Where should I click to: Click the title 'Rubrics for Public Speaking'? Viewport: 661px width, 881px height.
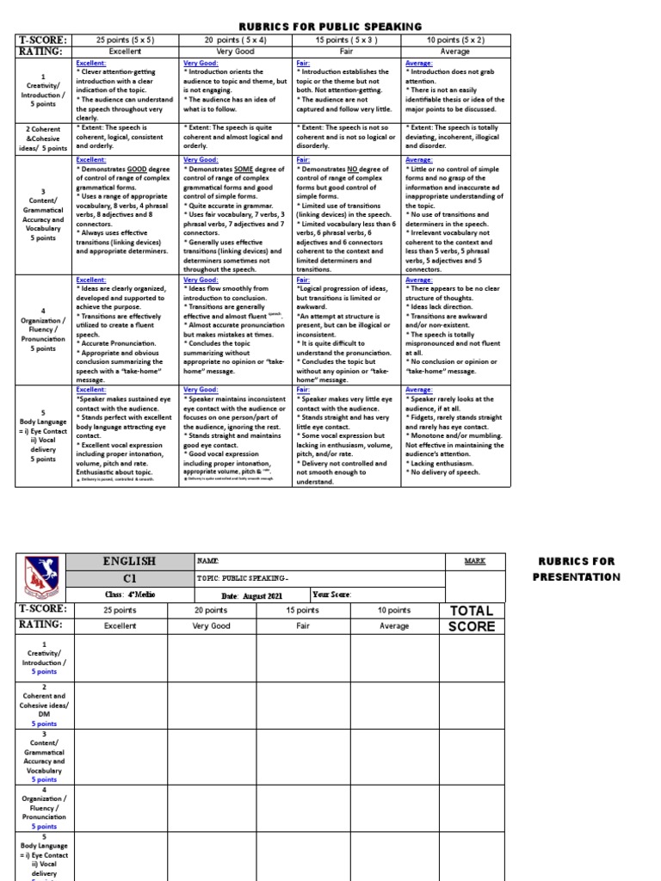click(330, 28)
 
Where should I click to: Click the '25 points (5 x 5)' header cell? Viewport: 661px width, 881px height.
click(127, 40)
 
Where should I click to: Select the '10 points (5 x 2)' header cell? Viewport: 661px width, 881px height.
click(455, 40)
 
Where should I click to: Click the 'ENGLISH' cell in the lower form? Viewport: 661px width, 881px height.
click(129, 561)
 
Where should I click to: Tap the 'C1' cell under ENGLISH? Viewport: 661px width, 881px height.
click(129, 578)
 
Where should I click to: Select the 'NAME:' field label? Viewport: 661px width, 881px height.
click(208, 561)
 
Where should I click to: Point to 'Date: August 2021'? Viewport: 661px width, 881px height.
click(253, 595)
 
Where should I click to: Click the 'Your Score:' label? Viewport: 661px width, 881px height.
click(332, 595)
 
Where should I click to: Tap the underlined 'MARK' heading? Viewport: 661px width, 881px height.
click(474, 561)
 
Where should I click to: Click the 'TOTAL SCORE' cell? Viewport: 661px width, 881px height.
click(472, 618)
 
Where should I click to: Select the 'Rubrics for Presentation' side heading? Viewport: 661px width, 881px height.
click(577, 569)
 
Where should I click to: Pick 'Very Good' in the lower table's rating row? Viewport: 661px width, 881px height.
click(211, 626)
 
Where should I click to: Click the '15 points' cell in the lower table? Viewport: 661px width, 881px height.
click(302, 610)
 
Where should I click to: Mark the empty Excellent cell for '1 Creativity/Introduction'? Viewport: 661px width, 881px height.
click(121, 658)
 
